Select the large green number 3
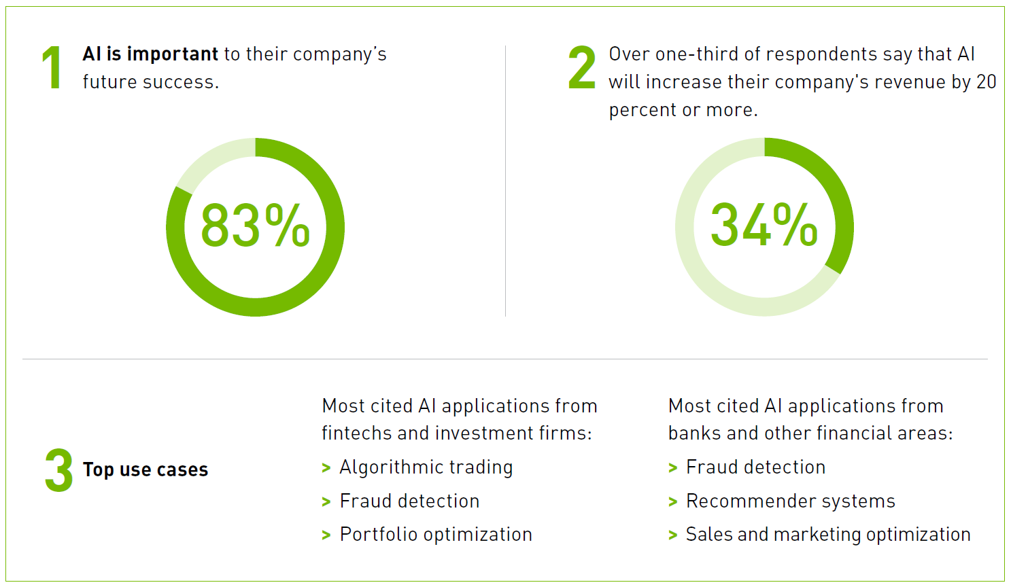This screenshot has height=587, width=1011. point(59,469)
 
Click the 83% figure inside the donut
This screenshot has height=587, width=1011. point(255,226)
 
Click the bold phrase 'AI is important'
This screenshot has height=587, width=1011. point(150,54)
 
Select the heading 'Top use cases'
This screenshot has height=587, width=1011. point(145,469)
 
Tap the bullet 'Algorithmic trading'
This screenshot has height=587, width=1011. point(426,467)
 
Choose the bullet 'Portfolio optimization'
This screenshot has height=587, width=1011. point(436,535)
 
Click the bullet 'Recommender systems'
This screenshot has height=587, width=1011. point(790,501)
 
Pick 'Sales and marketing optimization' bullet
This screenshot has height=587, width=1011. point(827,535)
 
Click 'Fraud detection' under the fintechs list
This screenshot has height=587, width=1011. point(409,501)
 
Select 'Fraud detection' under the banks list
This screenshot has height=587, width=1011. point(755,467)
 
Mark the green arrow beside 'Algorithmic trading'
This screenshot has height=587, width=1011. point(326,468)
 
